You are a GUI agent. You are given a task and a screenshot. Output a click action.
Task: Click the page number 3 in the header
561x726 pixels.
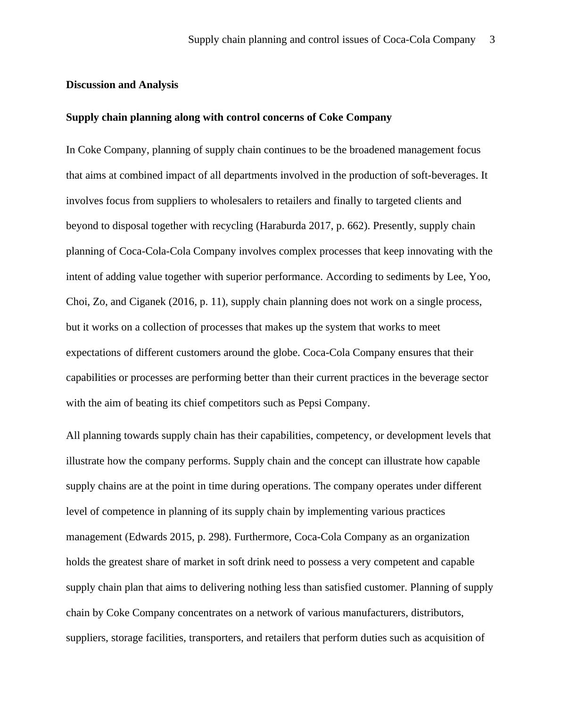pos(492,40)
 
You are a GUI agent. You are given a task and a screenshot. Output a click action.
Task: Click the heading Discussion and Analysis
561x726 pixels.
pos(122,85)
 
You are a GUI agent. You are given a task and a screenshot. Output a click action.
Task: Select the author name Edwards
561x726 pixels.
pos(148,537)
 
